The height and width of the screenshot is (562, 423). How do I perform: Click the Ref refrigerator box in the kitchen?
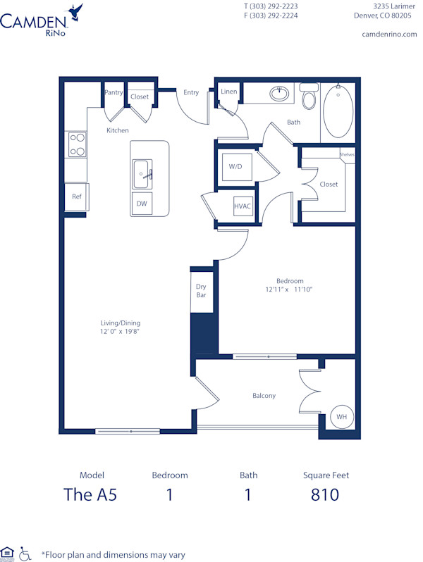click(76, 196)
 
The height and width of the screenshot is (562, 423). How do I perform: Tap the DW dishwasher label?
click(142, 204)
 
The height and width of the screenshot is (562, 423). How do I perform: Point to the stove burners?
click(76, 144)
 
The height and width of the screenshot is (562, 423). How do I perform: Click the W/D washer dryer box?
click(235, 167)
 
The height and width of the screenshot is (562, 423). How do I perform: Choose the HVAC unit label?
click(243, 205)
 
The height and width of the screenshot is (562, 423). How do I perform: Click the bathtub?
click(338, 111)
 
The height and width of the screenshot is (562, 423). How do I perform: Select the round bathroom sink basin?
click(280, 92)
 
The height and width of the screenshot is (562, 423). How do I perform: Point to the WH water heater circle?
click(341, 417)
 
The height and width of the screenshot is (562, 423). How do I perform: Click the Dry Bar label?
click(201, 290)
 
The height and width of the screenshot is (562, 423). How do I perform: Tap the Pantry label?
click(114, 92)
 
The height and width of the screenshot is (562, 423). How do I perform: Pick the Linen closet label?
click(228, 92)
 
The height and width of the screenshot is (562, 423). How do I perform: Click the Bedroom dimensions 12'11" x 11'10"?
click(289, 289)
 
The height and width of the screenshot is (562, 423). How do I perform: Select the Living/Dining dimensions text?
click(120, 331)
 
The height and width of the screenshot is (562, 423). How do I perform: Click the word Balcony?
click(264, 395)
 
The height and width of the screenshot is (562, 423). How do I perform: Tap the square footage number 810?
click(325, 494)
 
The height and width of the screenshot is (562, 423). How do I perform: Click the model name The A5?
click(90, 494)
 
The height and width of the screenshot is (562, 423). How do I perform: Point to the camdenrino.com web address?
click(389, 34)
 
